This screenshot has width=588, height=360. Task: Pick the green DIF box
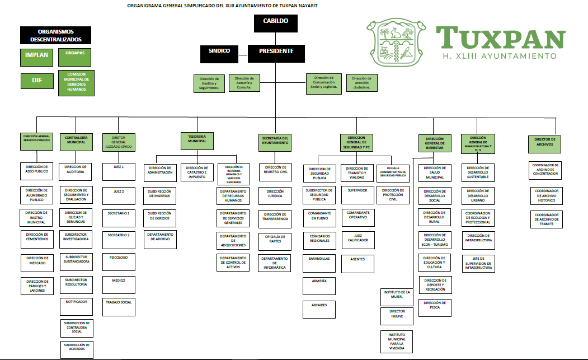click(37, 81)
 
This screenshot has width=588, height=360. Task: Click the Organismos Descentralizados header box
click(56, 36)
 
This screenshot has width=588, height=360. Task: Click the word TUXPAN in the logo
click(501, 38)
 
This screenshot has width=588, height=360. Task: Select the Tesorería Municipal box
click(197, 141)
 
